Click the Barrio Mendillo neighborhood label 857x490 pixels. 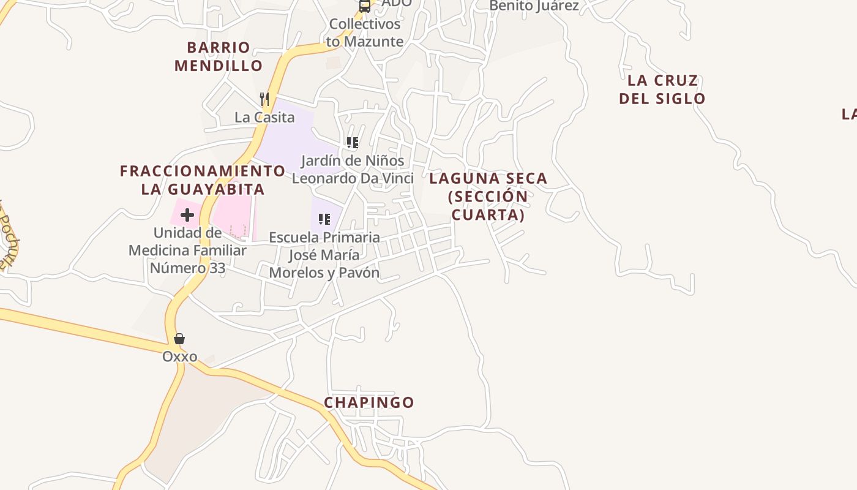click(x=219, y=56)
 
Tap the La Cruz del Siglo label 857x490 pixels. click(x=662, y=89)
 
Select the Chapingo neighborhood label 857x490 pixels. click(x=369, y=402)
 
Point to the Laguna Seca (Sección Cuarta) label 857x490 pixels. click(x=488, y=197)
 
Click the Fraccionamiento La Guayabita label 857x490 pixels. click(x=203, y=180)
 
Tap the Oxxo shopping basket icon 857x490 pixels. click(x=179, y=339)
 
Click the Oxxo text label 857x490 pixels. click(x=180, y=356)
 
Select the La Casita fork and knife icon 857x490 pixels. click(x=264, y=99)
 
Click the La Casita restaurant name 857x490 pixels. click(x=264, y=117)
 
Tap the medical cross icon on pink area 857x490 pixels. click(x=187, y=215)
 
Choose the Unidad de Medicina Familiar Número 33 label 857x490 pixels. click(x=187, y=251)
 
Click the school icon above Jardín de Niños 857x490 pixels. click(x=353, y=143)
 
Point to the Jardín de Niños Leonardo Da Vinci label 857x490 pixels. click(x=353, y=169)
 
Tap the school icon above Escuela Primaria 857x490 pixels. click(x=324, y=219)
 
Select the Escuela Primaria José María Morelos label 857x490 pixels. click(x=324, y=255)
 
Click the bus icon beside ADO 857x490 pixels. click(x=365, y=6)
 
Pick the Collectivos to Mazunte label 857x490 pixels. click(x=365, y=33)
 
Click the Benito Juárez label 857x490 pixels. click(x=534, y=6)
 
